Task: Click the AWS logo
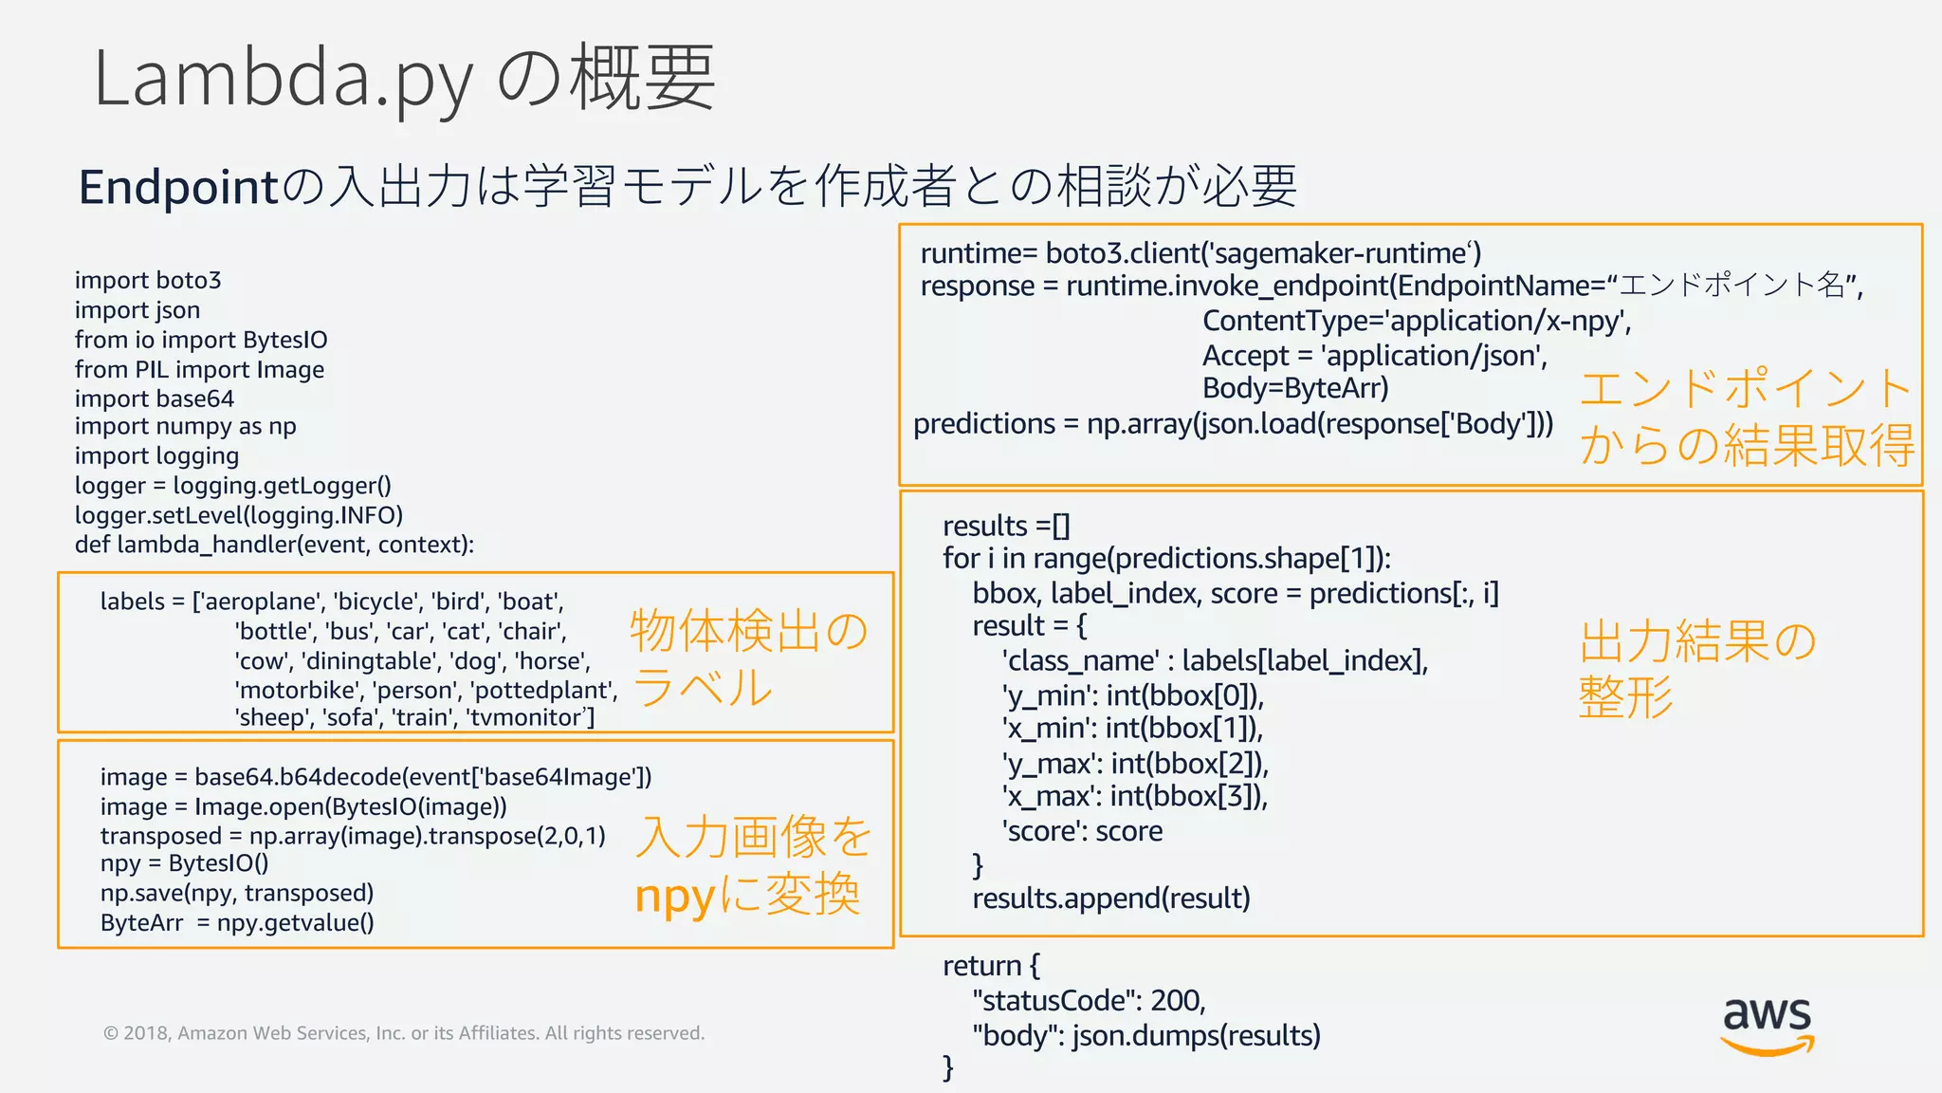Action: pyautogui.click(x=1767, y=1026)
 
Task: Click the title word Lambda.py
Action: pyautogui.click(x=283, y=80)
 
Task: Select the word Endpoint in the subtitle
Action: pyautogui.click(x=179, y=187)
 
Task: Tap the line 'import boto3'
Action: pyautogui.click(x=148, y=281)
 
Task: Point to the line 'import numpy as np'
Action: pyautogui.click(x=186, y=427)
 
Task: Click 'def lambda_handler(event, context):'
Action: pyautogui.click(x=274, y=545)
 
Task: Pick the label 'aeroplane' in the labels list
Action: pyautogui.click(x=258, y=602)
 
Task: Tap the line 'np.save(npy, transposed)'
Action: pyautogui.click(x=237, y=894)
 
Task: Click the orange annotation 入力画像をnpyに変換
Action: pyautogui.click(x=751, y=865)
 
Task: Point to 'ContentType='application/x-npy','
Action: pyautogui.click(x=1417, y=322)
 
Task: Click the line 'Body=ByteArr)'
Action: pyautogui.click(x=1295, y=389)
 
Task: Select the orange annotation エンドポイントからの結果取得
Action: pyautogui.click(x=1746, y=417)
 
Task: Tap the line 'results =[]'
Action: pyautogui.click(x=1006, y=526)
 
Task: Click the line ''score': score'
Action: pyautogui.click(x=1082, y=832)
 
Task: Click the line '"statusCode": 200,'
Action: pyautogui.click(x=1089, y=1001)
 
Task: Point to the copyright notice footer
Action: pyautogui.click(x=404, y=1033)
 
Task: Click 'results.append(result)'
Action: pyautogui.click(x=1111, y=898)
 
